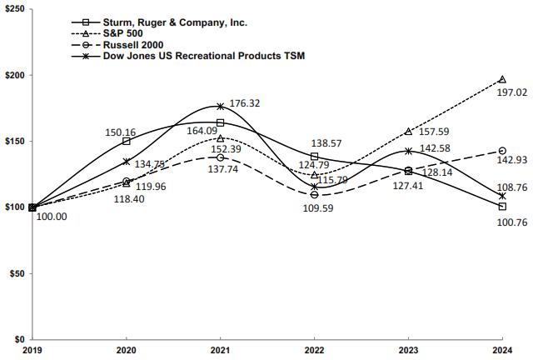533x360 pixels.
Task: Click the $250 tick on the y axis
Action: (x=16, y=8)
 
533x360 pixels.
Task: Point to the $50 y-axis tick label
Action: (x=19, y=273)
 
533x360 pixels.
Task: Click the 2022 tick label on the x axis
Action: (x=314, y=350)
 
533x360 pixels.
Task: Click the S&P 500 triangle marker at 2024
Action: (x=501, y=79)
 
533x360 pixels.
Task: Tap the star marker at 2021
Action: (x=220, y=107)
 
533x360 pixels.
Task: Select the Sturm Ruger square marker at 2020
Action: (x=126, y=141)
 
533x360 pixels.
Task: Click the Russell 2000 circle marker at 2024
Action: (x=501, y=151)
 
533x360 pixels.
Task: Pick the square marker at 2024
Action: (x=501, y=206)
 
